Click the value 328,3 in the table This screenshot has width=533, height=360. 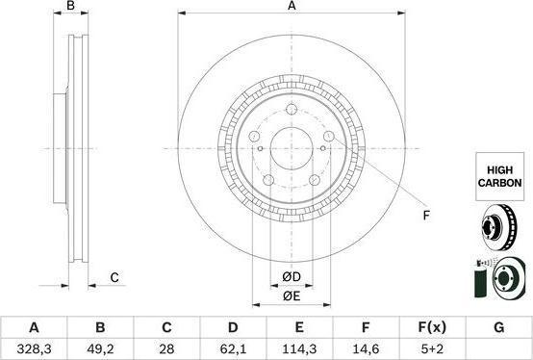click(x=34, y=348)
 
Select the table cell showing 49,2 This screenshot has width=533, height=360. click(x=100, y=348)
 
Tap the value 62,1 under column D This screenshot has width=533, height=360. click(x=233, y=348)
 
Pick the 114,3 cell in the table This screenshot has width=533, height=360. click(x=299, y=348)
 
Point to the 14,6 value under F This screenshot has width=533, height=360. click(x=366, y=348)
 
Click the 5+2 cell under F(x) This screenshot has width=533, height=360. click(x=432, y=348)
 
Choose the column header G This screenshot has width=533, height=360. click(x=498, y=327)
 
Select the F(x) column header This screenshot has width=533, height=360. click(x=432, y=327)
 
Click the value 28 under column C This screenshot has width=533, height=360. click(x=166, y=348)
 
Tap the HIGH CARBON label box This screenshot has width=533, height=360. click(x=499, y=176)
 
